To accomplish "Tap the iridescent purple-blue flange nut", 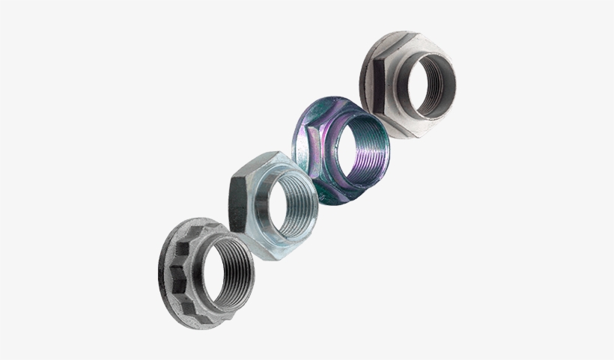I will pyautogui.click(x=341, y=150).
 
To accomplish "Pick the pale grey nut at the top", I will pyautogui.click(x=408, y=82).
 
